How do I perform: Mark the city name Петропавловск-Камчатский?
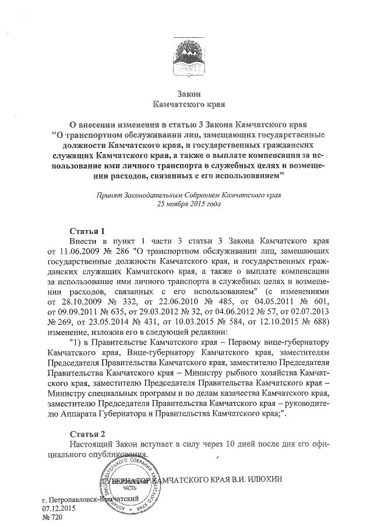tap(93, 499)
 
